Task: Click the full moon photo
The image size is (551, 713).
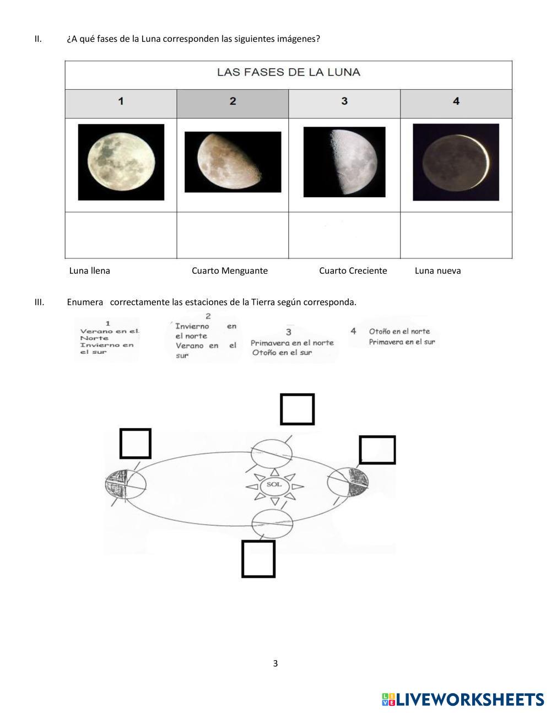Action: (x=121, y=162)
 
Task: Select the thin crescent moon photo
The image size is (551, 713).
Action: (x=456, y=162)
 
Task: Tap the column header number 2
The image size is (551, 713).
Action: (x=233, y=101)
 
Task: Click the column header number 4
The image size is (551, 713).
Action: (x=456, y=101)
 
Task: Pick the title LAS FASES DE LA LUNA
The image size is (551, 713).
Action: (x=289, y=72)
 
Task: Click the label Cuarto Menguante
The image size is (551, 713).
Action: (x=230, y=271)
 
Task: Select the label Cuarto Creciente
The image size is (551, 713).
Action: (x=353, y=271)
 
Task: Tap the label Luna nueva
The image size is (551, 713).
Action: (x=437, y=271)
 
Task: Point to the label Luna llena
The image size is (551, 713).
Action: (x=89, y=271)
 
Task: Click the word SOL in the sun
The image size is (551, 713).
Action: (x=274, y=484)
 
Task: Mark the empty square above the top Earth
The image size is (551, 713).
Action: (x=298, y=409)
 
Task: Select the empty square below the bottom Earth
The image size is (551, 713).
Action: (x=258, y=559)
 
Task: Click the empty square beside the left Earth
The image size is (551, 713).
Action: (x=136, y=444)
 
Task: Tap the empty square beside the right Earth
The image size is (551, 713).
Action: (x=377, y=450)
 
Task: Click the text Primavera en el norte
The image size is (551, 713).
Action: (x=292, y=343)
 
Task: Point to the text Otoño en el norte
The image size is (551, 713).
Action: (x=399, y=331)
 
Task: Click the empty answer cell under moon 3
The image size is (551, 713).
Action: (x=344, y=235)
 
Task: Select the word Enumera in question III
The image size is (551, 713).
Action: (x=85, y=302)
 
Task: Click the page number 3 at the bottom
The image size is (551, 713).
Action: (x=275, y=663)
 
